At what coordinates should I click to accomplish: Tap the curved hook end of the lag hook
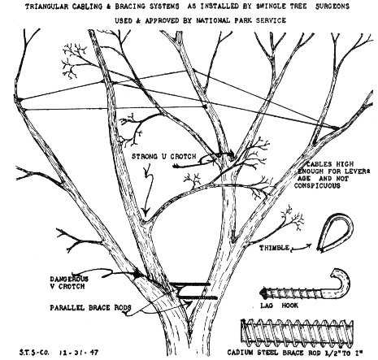pyautogui.click(x=343, y=282)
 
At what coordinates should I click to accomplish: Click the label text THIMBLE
pyautogui.click(x=274, y=248)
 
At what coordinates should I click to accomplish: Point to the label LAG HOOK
pyautogui.click(x=279, y=306)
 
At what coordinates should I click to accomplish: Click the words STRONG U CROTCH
pyautogui.click(x=163, y=156)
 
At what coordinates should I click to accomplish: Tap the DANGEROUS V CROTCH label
pyautogui.click(x=69, y=283)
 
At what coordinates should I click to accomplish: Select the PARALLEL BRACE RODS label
pyautogui.click(x=90, y=308)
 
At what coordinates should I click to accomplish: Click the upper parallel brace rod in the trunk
pyautogui.click(x=191, y=284)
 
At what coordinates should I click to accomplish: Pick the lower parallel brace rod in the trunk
pyautogui.click(x=198, y=297)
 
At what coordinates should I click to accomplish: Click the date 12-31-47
pyautogui.click(x=79, y=353)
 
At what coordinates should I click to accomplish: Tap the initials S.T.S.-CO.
pyautogui.click(x=35, y=353)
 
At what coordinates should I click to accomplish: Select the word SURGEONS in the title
pyautogui.click(x=332, y=6)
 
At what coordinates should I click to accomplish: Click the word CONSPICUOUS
pyautogui.click(x=317, y=186)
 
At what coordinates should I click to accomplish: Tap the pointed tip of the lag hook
pyautogui.click(x=261, y=293)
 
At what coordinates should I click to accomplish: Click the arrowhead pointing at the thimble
pyautogui.click(x=310, y=245)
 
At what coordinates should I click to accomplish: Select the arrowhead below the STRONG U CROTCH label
pyautogui.click(x=146, y=211)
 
